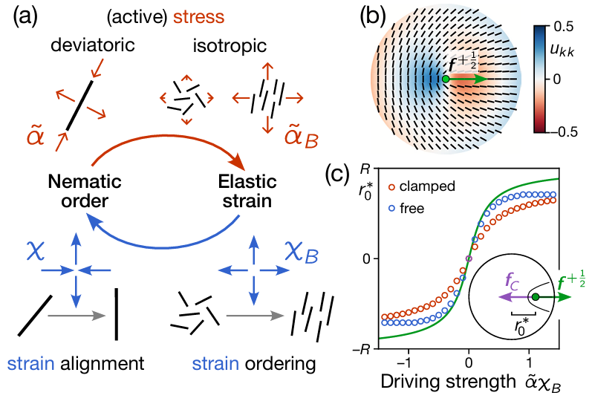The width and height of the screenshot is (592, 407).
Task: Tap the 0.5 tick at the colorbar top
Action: tap(571, 26)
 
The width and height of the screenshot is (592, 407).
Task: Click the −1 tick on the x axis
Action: tap(404, 366)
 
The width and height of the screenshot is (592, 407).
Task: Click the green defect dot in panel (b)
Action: tap(444, 78)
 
